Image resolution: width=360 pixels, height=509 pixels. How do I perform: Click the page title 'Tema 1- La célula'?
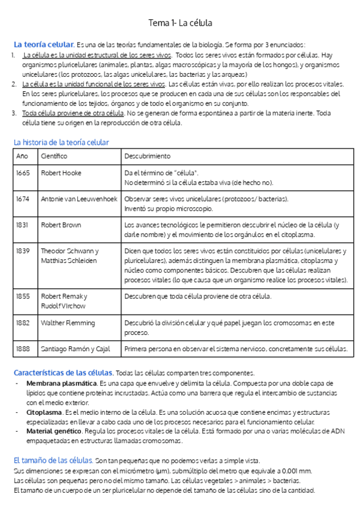(180, 23)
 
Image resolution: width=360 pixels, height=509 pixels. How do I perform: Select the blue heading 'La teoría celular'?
(44, 44)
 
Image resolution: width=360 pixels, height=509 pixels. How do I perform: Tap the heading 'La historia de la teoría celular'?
(61, 142)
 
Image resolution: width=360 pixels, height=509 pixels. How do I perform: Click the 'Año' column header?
(22, 156)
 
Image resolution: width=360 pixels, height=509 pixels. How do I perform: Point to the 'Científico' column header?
(54, 156)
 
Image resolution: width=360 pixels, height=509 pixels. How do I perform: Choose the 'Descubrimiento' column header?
(147, 156)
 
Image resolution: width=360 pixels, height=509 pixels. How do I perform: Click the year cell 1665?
(23, 173)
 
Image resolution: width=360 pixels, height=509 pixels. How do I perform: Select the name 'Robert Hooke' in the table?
(61, 173)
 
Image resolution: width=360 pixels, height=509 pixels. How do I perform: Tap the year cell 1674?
(23, 199)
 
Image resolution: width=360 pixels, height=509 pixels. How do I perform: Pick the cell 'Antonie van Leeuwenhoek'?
(79, 199)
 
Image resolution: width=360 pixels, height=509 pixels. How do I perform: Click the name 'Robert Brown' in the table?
(61, 225)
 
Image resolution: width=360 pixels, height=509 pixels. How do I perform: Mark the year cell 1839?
(23, 251)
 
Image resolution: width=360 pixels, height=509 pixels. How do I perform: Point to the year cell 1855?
(23, 296)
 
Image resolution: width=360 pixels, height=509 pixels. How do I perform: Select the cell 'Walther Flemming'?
(67, 323)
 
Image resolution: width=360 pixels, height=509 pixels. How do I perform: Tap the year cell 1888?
(23, 349)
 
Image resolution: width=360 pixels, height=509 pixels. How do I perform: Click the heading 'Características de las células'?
(63, 372)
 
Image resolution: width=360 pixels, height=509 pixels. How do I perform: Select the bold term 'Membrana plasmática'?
(62, 383)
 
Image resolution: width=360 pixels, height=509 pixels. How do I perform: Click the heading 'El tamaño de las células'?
(53, 460)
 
